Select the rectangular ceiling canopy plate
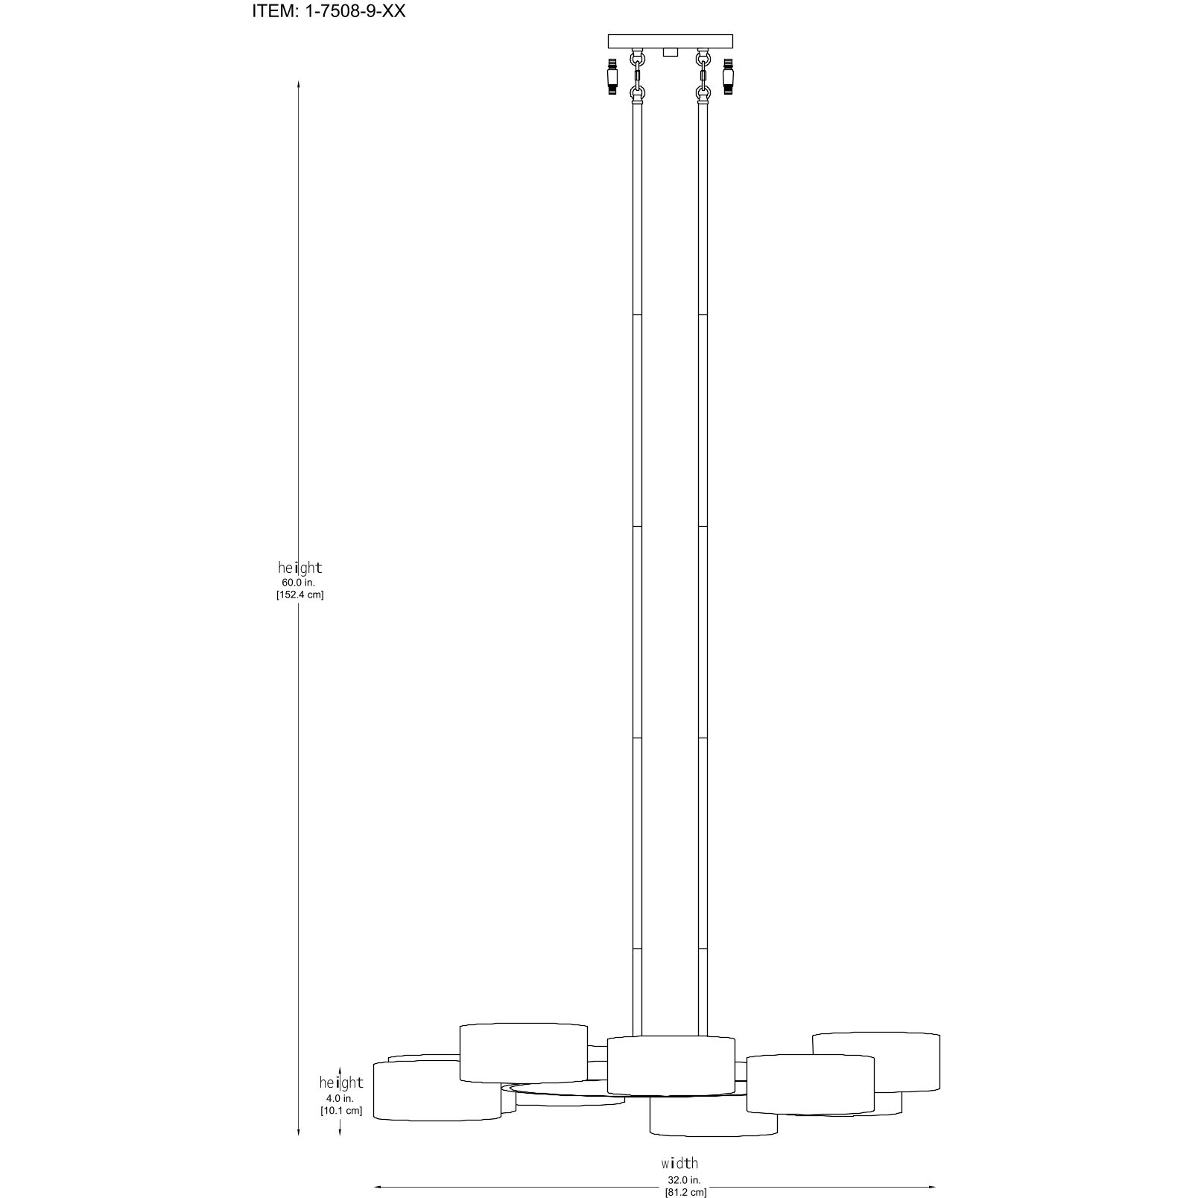tap(671, 41)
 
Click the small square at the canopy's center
tap(671, 52)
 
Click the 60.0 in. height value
tap(299, 582)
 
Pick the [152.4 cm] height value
tap(299, 595)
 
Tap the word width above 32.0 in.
tap(679, 1162)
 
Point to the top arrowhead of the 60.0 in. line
tap(299, 84)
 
